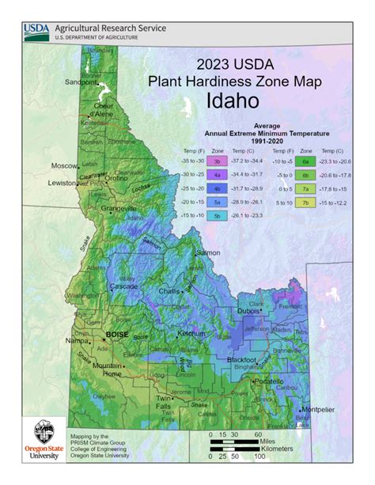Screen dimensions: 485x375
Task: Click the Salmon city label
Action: point(209,252)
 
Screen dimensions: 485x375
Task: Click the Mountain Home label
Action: point(107,369)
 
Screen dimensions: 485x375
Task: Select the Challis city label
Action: point(169,291)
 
